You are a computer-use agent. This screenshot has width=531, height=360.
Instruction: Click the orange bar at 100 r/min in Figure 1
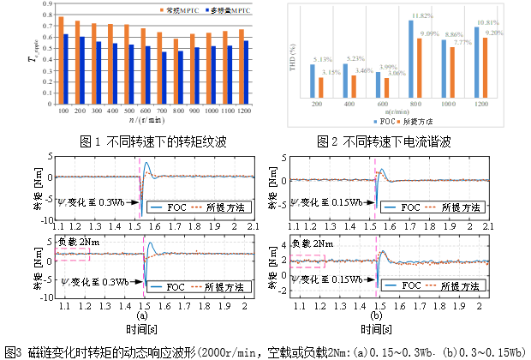click(x=61, y=60)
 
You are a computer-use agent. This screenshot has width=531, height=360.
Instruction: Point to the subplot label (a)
click(x=142, y=315)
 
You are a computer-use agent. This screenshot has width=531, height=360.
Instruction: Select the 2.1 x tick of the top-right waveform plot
click(x=489, y=225)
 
